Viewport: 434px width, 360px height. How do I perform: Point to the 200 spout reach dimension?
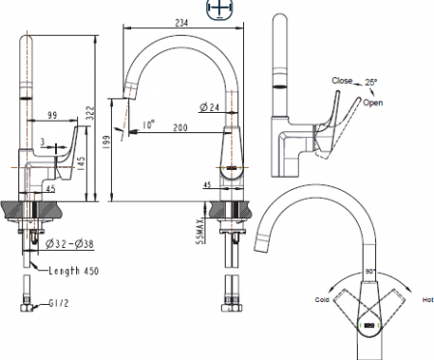coord(180,127)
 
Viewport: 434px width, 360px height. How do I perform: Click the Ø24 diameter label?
coord(211,107)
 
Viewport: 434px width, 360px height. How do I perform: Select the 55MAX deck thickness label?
coord(200,232)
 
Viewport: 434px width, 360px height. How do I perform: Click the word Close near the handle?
coord(341,81)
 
